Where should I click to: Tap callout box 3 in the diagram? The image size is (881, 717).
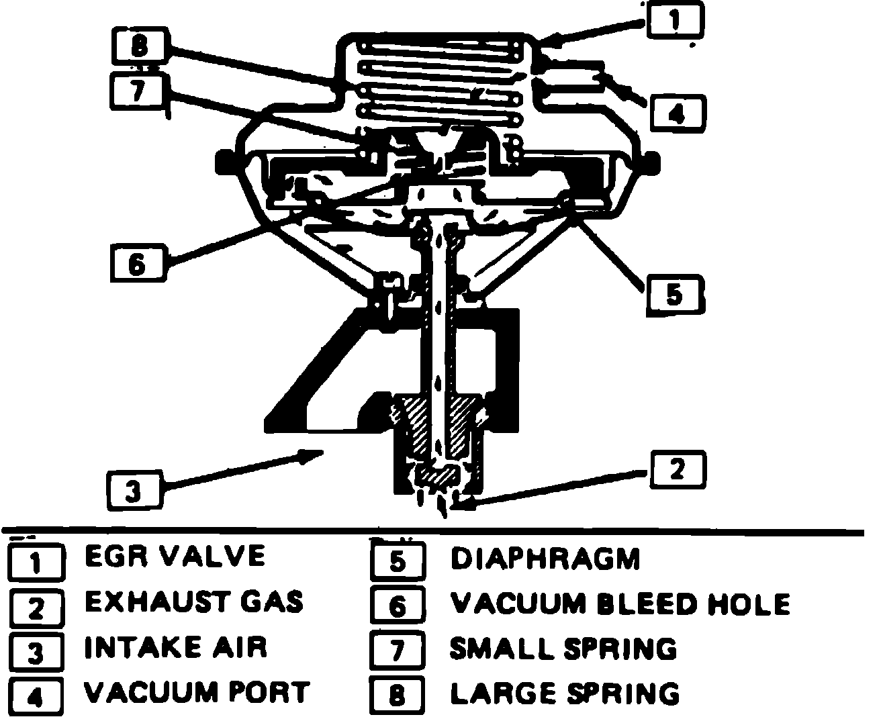tap(134, 492)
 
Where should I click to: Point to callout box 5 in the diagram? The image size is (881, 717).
tap(674, 295)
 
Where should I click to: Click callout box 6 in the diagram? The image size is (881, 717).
tap(136, 264)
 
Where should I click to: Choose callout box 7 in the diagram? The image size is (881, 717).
tap(138, 92)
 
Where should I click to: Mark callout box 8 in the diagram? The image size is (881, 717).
tap(138, 48)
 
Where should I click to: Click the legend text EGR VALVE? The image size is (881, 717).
tap(175, 556)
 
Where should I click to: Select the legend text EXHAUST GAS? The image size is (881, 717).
tap(194, 602)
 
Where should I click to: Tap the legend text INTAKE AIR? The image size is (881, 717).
tap(176, 648)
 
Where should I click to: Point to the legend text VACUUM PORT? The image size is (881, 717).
tap(197, 692)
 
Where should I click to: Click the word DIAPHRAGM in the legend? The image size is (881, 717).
tap(545, 559)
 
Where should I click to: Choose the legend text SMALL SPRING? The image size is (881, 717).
tap(563, 649)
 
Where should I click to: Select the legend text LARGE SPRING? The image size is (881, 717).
tap(564, 694)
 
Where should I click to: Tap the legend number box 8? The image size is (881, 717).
tap(398, 696)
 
